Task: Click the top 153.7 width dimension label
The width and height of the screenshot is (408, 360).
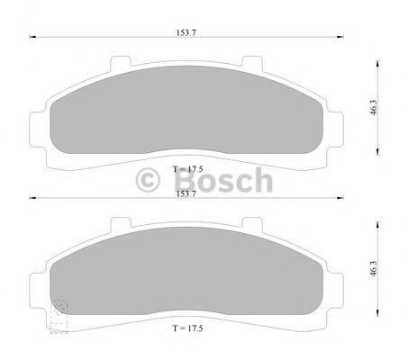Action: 186,32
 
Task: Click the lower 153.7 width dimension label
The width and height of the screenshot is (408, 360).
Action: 186,193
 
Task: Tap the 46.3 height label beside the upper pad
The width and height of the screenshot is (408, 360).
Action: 373,108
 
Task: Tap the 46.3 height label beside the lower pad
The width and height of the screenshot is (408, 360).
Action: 373,268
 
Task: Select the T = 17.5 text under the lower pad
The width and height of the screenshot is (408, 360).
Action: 188,328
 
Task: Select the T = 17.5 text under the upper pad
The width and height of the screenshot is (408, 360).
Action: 188,169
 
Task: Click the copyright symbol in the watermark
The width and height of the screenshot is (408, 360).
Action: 148,180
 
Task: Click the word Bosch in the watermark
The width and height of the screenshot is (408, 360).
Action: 223,180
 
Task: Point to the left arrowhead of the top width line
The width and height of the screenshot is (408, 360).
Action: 32,37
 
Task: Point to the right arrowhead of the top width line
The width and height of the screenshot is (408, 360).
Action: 340,37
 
